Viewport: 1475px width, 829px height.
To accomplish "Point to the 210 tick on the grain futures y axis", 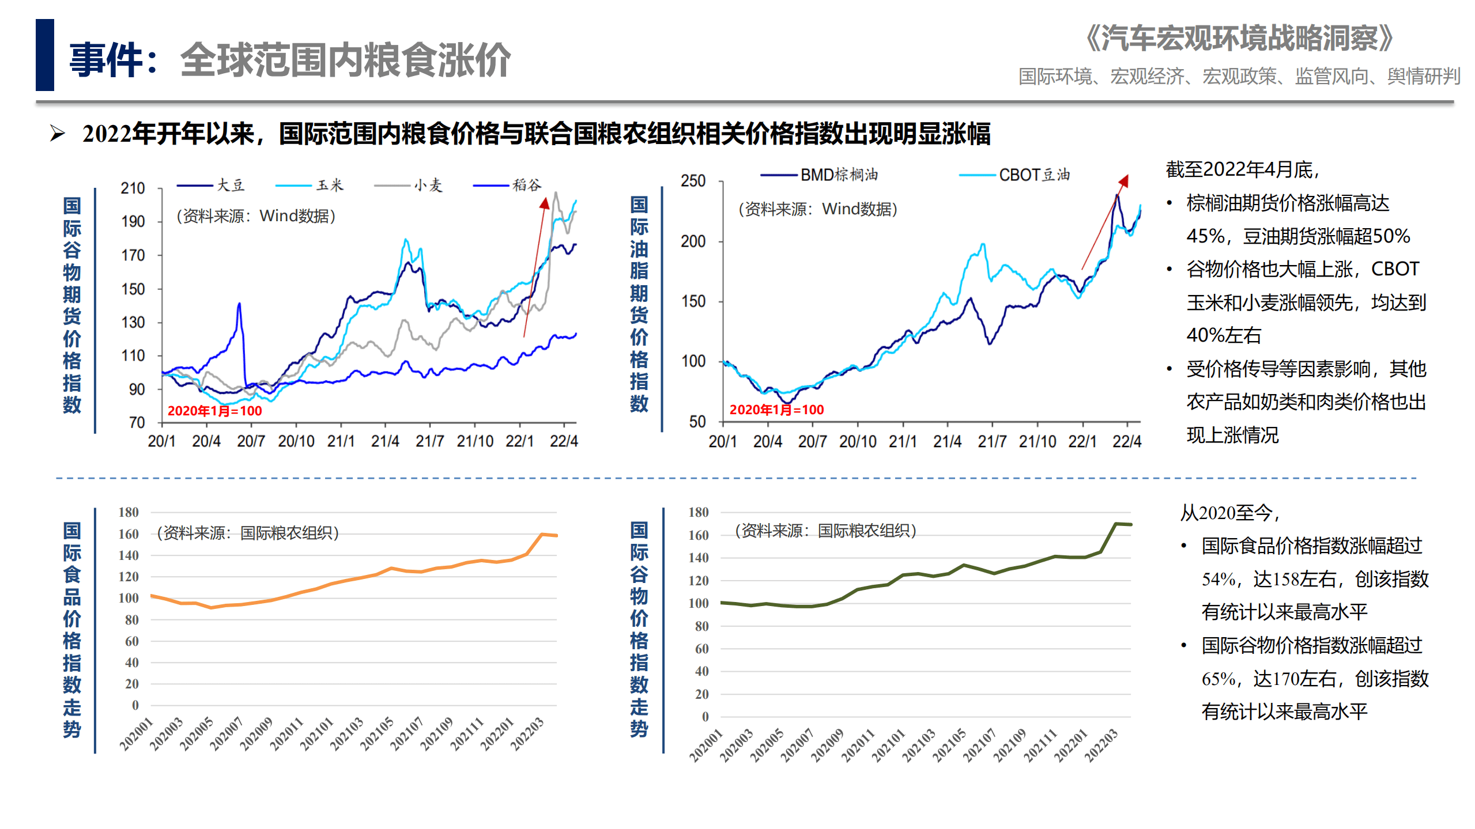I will [x=133, y=188].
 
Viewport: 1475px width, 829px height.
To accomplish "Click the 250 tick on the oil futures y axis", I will [x=693, y=181].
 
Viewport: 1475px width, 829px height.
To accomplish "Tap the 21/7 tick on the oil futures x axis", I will [x=992, y=442].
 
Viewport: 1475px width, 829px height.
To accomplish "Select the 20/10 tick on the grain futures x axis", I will [x=296, y=441].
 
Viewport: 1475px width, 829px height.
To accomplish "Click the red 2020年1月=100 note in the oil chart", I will [x=776, y=410].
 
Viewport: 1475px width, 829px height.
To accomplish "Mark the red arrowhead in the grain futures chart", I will [x=545, y=203].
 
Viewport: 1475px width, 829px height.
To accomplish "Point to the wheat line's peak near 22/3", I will [x=556, y=194].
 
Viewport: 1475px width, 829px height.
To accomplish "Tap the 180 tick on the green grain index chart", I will [x=698, y=512].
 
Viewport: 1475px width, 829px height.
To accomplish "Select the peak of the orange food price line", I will [x=542, y=535].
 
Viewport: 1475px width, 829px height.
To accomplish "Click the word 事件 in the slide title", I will [x=106, y=60].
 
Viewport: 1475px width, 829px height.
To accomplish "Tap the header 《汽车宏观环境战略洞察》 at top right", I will [x=1239, y=39].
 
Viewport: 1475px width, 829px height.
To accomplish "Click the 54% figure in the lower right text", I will [x=1219, y=579].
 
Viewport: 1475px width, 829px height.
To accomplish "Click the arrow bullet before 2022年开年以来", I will [x=57, y=134].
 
